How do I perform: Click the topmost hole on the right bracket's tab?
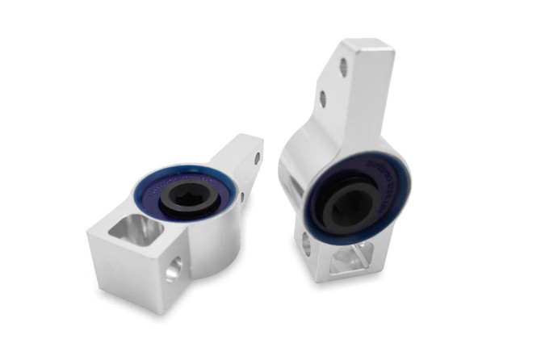[x=344, y=67]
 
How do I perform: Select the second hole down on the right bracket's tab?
[x=323, y=99]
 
